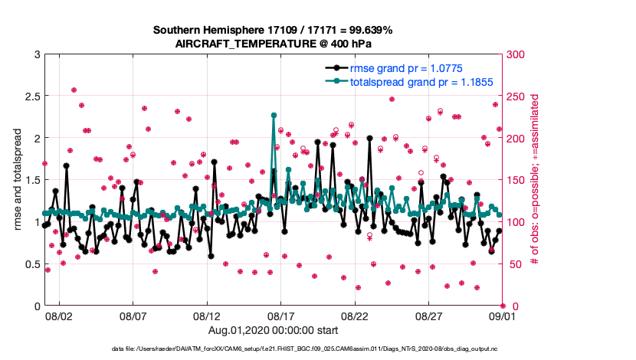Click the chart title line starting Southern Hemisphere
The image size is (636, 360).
point(273,30)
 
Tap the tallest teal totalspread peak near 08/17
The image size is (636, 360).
point(274,115)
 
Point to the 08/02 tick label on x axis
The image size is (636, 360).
point(59,316)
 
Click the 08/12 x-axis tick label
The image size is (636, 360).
point(207,316)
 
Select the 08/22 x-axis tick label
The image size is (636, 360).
point(355,316)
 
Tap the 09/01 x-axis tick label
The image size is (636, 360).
point(502,316)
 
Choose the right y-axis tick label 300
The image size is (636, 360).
point(515,54)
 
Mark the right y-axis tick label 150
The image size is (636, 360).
point(515,180)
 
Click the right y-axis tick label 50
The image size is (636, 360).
point(513,264)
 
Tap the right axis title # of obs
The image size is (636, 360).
point(536,180)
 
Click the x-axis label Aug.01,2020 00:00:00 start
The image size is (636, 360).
point(273,331)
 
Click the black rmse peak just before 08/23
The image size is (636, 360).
point(370,139)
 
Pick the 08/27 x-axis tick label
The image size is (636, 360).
point(428,316)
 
